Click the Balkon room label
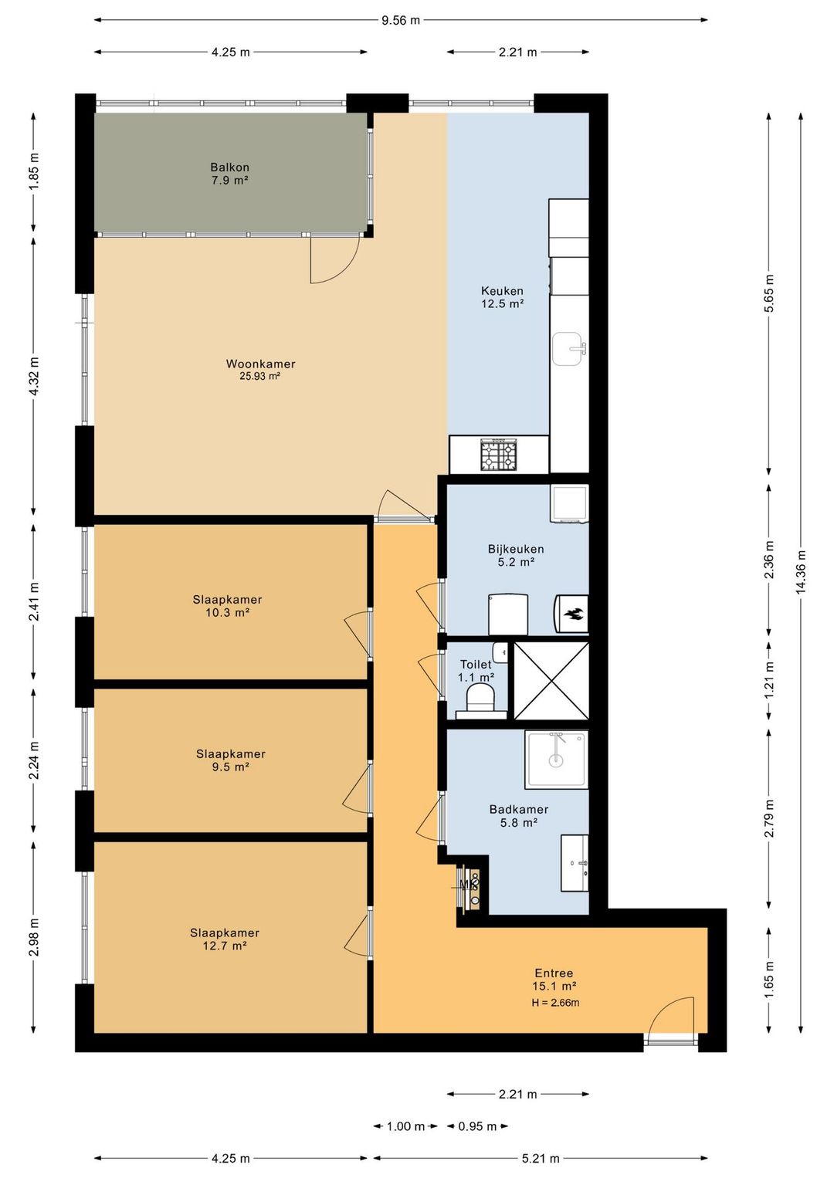229,168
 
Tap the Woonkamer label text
260,364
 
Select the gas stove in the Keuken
498,455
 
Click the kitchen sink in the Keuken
569,349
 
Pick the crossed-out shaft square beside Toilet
551,681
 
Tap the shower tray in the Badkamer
556,759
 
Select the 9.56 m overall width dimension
401,21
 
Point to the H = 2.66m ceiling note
555,1002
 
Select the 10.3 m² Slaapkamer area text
227,613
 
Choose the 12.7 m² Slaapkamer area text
225,946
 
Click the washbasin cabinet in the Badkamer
575,863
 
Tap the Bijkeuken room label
516,549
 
